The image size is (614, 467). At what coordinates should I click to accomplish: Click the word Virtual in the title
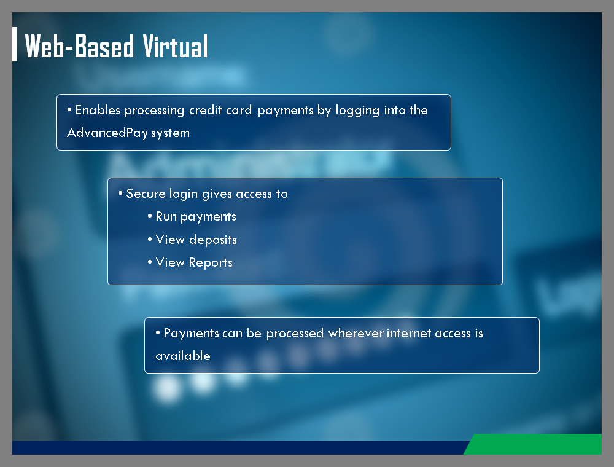pyautogui.click(x=175, y=46)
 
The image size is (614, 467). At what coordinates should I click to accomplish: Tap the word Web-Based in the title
pyautogui.click(x=79, y=46)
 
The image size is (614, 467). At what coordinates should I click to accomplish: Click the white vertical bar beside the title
pyautogui.click(x=15, y=44)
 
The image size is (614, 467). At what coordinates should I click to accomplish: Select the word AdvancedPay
pyautogui.click(x=107, y=133)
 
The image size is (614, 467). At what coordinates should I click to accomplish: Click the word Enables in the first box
pyautogui.click(x=98, y=110)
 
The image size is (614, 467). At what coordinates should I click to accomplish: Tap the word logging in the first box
pyautogui.click(x=357, y=111)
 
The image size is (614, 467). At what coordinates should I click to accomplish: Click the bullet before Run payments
pyautogui.click(x=150, y=216)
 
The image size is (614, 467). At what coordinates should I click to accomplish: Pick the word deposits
pyautogui.click(x=213, y=240)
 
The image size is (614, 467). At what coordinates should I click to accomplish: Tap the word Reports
pyautogui.click(x=211, y=263)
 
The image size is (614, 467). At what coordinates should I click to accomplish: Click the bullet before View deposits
pyautogui.click(x=150, y=239)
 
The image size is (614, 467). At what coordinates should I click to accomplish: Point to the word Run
pyautogui.click(x=166, y=216)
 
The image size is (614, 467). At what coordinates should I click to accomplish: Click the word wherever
pyautogui.click(x=356, y=333)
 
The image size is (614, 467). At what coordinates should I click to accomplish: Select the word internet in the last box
pyautogui.click(x=409, y=333)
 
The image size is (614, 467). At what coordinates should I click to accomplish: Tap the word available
pyautogui.click(x=183, y=356)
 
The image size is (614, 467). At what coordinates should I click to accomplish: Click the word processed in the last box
pyautogui.click(x=295, y=334)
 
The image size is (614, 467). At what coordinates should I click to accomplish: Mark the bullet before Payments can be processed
pyautogui.click(x=158, y=332)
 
